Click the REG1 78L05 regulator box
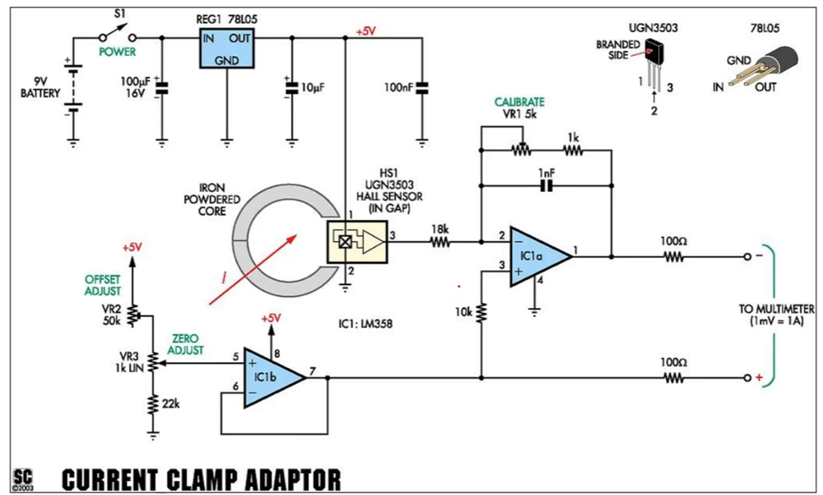pos(227,49)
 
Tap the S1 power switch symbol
pos(118,34)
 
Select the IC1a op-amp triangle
pos(542,257)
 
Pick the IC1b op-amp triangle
pos(275,377)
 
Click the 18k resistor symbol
pos(439,241)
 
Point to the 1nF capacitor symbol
pos(546,185)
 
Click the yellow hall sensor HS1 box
pos(357,241)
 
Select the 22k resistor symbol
pos(153,404)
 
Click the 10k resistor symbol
pos(481,311)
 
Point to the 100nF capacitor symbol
pos(422,88)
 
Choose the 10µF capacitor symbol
pos(292,88)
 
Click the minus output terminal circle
pos(747,256)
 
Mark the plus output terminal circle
pos(747,378)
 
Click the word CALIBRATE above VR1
pos(519,102)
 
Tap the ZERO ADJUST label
pos(185,344)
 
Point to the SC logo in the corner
pos(22,478)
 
